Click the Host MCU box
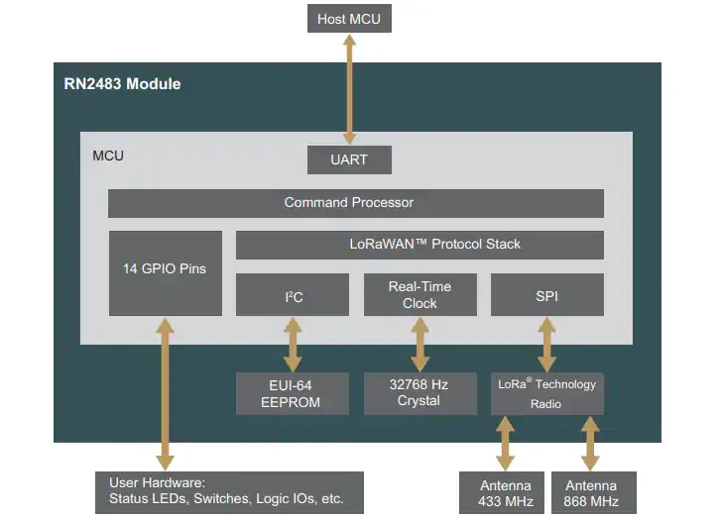[348, 19]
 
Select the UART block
[348, 159]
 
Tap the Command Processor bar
[355, 203]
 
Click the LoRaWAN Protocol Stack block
[420, 245]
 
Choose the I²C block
[293, 295]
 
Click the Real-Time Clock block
[420, 295]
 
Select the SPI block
[546, 295]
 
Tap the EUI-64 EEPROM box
[293, 393]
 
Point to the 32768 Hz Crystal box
[420, 393]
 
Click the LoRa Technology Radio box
[546, 393]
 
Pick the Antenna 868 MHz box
[590, 492]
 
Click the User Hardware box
[229, 491]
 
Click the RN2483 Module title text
[116, 84]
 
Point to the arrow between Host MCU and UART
[348, 89]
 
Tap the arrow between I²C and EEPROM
[293, 345]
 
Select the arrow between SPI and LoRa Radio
[546, 345]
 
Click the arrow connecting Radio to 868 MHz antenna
[590, 443]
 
